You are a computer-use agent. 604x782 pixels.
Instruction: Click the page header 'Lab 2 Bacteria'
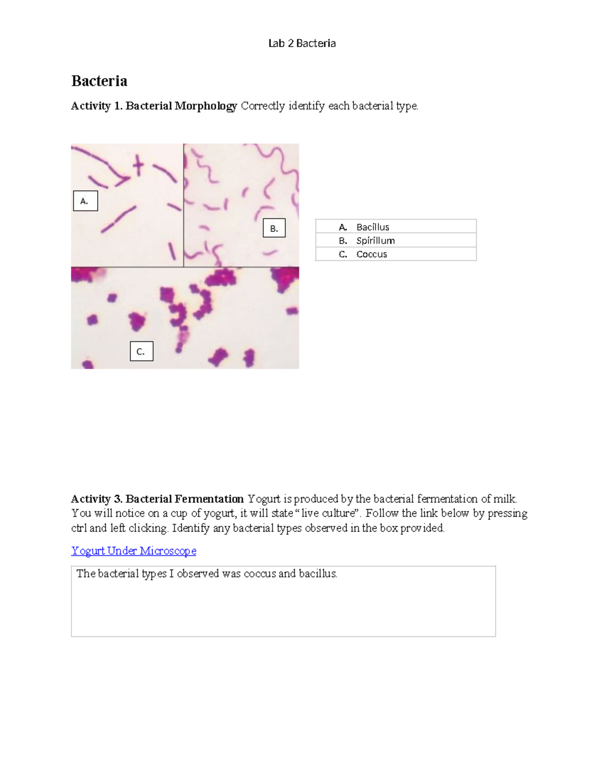click(x=301, y=43)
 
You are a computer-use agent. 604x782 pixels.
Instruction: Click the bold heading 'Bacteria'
click(x=99, y=81)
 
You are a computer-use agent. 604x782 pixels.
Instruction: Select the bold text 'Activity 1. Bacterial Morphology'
click(x=154, y=106)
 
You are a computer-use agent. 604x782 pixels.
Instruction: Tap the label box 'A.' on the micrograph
click(x=85, y=201)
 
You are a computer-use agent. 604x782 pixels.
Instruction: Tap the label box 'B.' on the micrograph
click(x=274, y=228)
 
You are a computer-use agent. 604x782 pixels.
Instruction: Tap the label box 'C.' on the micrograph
click(x=141, y=351)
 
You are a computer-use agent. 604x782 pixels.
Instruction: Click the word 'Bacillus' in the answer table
click(x=372, y=227)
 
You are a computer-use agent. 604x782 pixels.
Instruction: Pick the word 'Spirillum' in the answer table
click(x=375, y=241)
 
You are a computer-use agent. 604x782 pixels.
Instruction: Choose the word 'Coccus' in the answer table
click(x=371, y=254)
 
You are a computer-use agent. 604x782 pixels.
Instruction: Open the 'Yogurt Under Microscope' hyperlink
click(x=133, y=551)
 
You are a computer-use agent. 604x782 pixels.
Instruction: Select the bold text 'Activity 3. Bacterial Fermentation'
click(x=157, y=499)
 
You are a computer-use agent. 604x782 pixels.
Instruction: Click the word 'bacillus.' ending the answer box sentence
click(x=318, y=574)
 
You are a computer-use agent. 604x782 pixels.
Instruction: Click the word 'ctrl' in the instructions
click(x=79, y=528)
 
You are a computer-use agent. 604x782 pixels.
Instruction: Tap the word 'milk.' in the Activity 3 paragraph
click(x=505, y=499)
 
